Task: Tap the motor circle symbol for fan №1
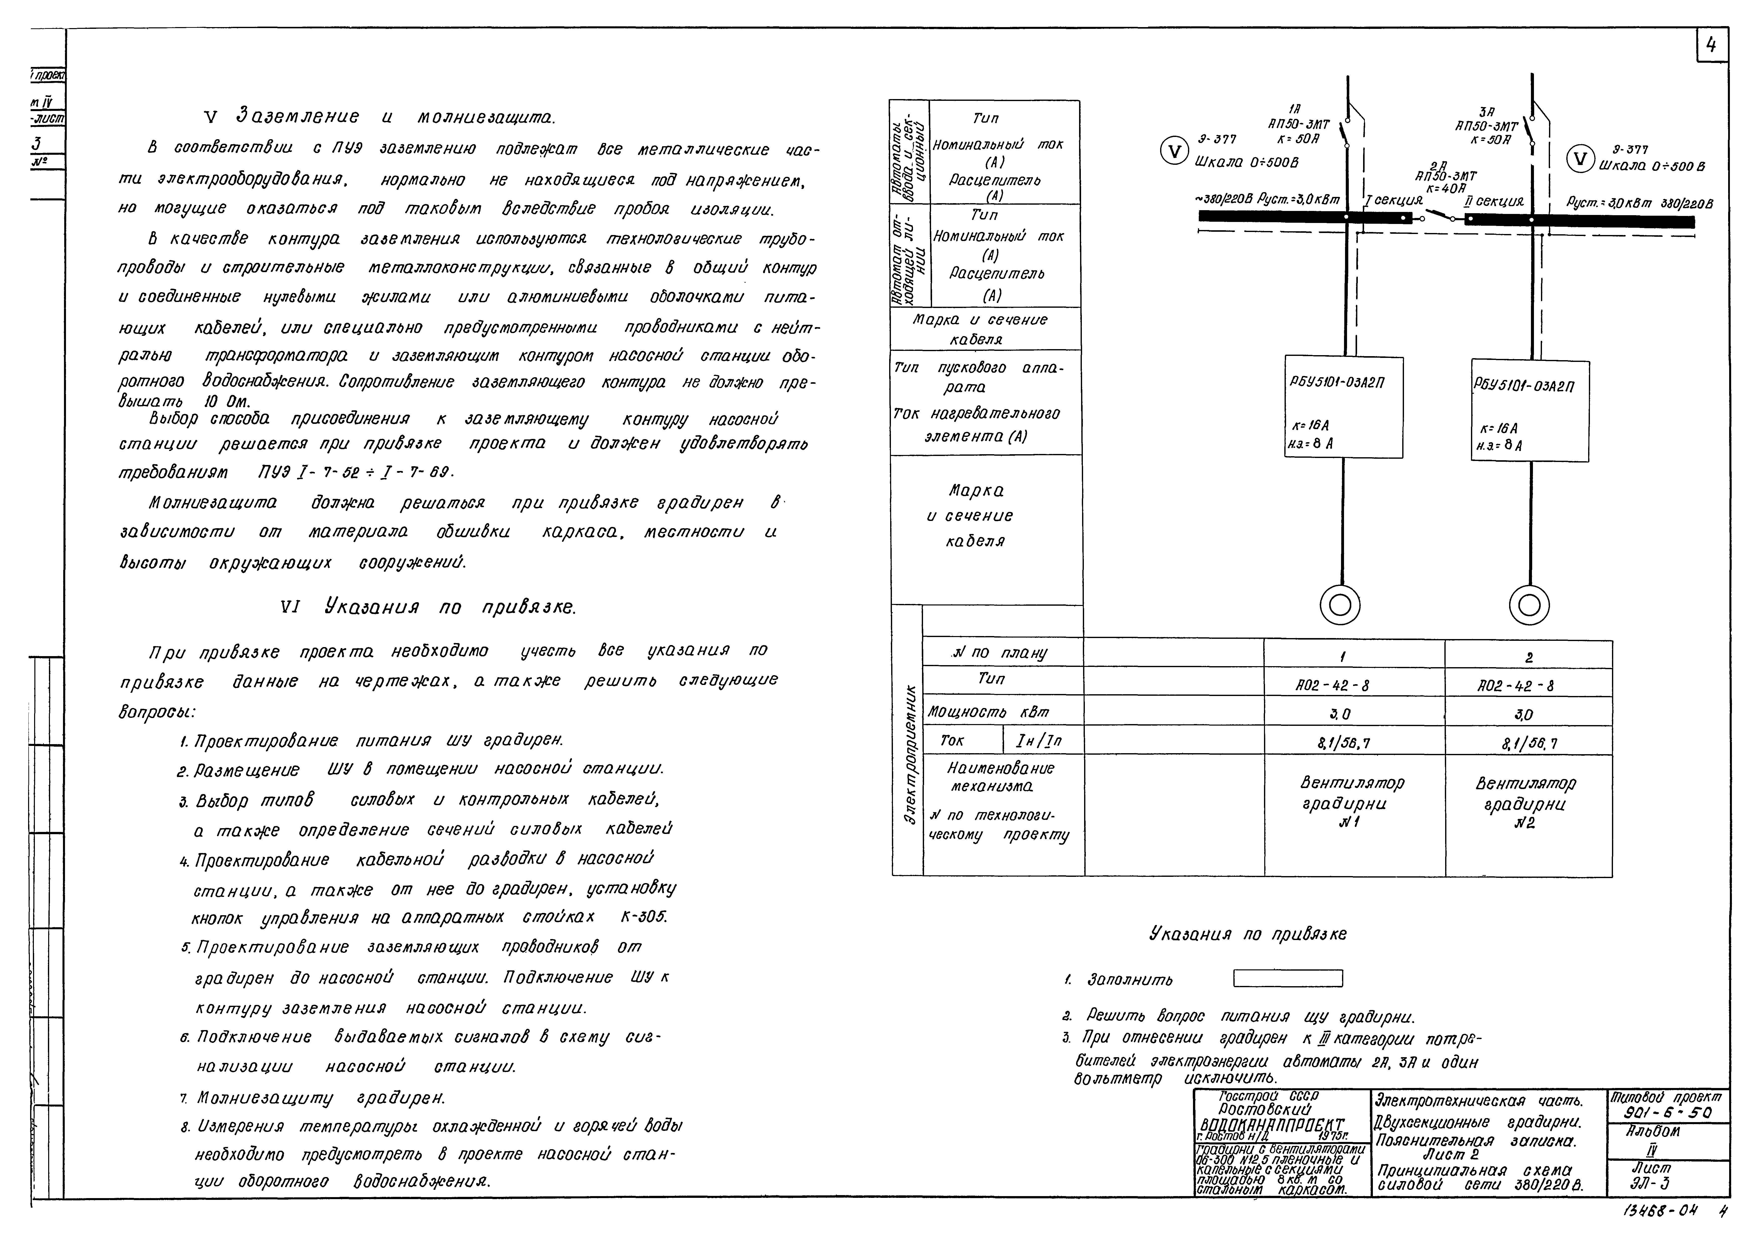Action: point(1340,605)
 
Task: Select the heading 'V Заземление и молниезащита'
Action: point(379,117)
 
